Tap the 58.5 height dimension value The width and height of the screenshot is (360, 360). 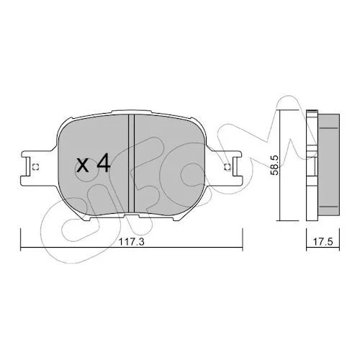[274, 165]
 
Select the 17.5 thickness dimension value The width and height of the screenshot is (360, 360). [323, 242]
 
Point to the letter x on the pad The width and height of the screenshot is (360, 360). [82, 166]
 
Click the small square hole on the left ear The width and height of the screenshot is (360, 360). [35, 167]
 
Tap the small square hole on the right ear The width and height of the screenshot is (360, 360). [228, 167]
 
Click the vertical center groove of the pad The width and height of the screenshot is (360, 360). [131, 163]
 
